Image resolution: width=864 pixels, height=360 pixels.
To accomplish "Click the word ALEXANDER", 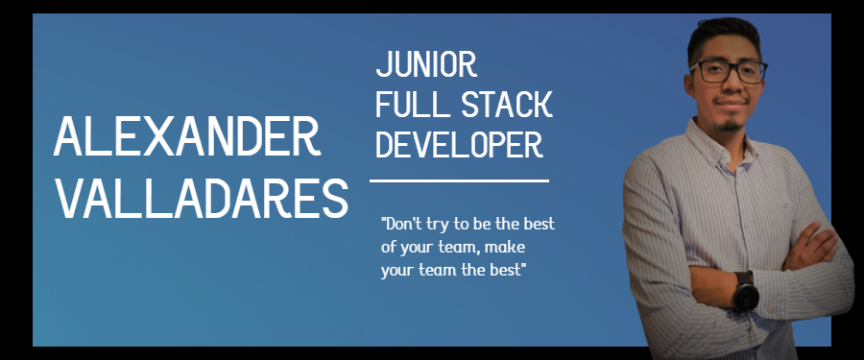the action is [187, 136].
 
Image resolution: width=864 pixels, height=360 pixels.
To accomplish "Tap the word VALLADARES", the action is [203, 198].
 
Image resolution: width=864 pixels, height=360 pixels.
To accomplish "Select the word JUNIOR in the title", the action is [426, 64].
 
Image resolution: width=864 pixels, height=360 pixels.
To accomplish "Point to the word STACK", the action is [506, 105].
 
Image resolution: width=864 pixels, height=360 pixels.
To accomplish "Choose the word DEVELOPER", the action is [460, 145].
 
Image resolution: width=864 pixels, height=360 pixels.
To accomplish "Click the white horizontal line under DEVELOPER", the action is [459, 180].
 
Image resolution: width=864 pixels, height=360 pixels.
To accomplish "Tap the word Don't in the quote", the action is [401, 224].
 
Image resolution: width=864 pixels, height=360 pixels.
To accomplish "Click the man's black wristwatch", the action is [746, 291].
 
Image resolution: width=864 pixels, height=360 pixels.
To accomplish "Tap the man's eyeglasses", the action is [728, 71].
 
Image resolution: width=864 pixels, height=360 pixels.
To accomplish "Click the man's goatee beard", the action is [731, 125].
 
